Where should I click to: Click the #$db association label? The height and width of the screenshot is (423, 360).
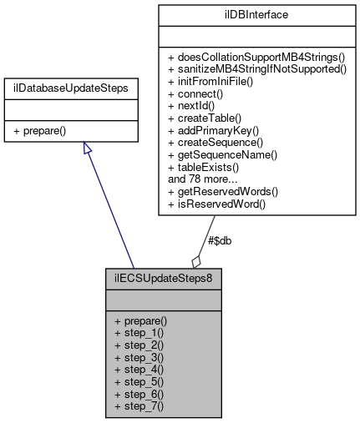coord(219,240)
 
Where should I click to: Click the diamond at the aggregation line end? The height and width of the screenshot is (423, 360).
coord(196,260)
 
